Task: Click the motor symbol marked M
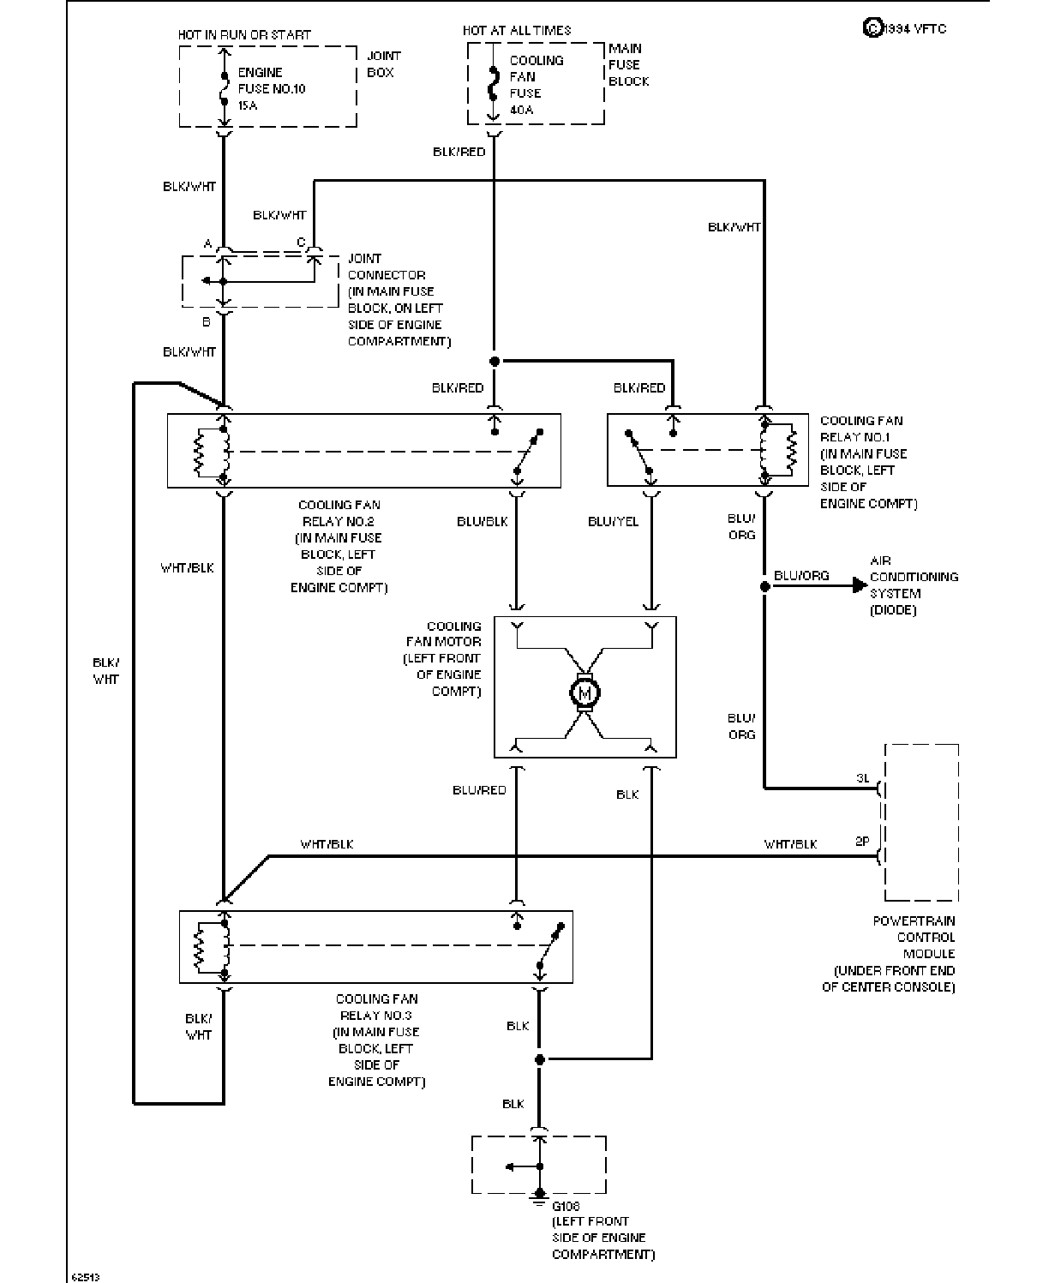(x=584, y=692)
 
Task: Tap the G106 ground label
(x=566, y=1206)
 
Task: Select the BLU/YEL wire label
(x=613, y=521)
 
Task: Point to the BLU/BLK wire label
(x=482, y=521)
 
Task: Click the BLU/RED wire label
(x=479, y=789)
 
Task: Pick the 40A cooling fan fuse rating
(x=521, y=110)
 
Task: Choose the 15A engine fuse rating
(x=248, y=105)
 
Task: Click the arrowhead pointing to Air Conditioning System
(x=860, y=585)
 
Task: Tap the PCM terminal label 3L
(x=863, y=778)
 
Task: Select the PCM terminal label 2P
(x=862, y=842)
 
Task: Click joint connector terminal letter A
(x=207, y=243)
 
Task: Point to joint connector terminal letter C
(x=301, y=243)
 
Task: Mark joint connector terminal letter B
(x=207, y=321)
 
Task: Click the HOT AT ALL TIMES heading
(x=517, y=30)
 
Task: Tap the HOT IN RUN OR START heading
(x=244, y=34)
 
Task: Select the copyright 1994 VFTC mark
(x=905, y=28)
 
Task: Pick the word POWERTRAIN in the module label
(x=914, y=921)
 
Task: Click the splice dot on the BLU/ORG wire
(x=764, y=586)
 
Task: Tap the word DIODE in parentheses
(x=892, y=610)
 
